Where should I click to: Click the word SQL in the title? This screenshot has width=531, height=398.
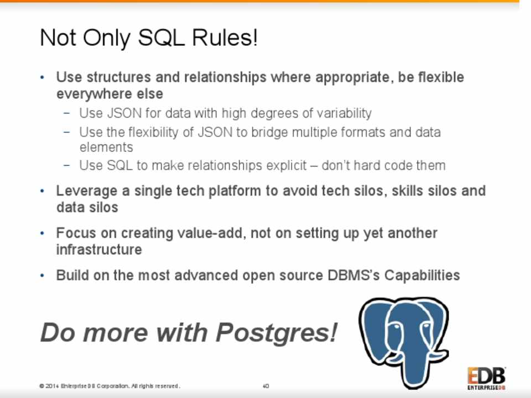162,38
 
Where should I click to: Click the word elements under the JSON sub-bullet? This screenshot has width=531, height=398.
106,148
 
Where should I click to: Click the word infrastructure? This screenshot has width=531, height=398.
99,250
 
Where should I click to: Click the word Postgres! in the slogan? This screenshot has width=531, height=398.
277,333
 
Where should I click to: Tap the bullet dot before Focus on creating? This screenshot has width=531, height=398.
43,233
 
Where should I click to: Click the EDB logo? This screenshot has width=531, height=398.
486,378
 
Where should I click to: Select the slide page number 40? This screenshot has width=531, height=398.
266,386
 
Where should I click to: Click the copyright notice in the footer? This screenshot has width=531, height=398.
110,386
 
